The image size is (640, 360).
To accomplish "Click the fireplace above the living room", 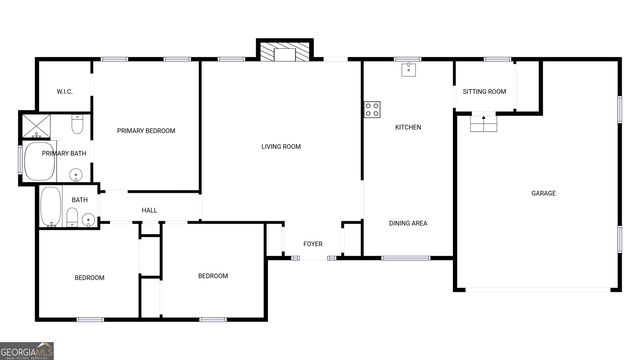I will coord(285,50).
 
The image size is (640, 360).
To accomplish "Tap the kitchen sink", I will coord(408,70).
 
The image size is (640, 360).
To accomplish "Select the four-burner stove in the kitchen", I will coord(373,109).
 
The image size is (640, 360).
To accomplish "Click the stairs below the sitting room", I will coord(483,123).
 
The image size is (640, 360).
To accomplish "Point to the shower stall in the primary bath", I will coord(36,127).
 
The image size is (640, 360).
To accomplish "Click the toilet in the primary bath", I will coord(78,126).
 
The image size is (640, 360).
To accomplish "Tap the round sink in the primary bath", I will coord(77,173).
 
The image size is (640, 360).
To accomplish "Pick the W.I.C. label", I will coord(65,92).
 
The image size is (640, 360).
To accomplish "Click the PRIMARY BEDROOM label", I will coord(146,131).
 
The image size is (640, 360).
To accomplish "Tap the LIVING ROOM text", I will coord(281,147).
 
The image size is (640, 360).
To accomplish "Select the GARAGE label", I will coord(543,193).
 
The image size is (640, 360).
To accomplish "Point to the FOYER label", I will coord(314,244).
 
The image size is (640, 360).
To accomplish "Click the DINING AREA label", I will coord(408,223).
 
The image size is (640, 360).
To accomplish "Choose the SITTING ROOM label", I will coord(484,92).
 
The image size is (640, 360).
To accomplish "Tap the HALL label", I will coord(149,210).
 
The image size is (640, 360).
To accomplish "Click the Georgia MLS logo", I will coord(27,351).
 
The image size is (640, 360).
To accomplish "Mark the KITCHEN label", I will coord(408,127).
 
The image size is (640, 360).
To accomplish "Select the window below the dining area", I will coord(406,258).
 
